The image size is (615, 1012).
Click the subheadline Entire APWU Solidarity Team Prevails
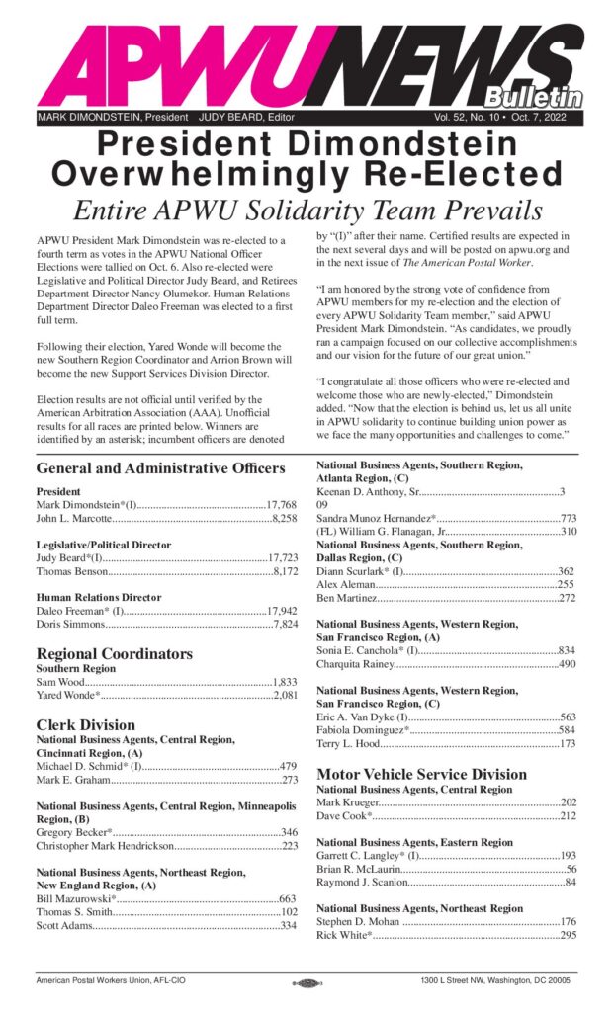[x=307, y=211]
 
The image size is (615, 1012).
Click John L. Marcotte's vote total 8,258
[x=285, y=518]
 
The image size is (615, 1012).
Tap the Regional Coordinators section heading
[x=114, y=653]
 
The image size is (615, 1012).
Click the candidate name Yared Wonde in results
[x=69, y=696]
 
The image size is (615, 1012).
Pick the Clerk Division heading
[x=86, y=724]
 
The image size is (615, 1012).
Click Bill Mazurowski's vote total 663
[x=288, y=898]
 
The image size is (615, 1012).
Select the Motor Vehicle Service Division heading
[x=421, y=774]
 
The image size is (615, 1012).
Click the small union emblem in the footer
[x=307, y=982]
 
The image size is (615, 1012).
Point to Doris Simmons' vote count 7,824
[x=285, y=624]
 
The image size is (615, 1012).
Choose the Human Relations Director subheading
[x=99, y=597]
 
